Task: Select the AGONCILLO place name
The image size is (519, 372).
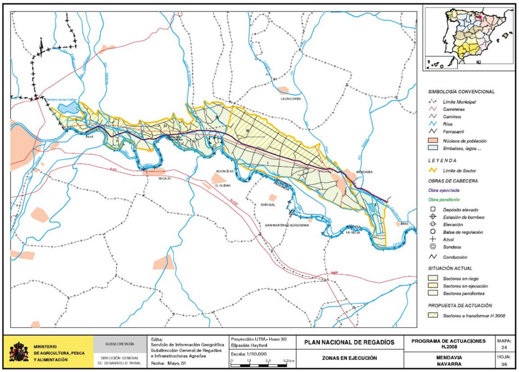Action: click(224, 172)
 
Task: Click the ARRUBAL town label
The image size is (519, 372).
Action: click(267, 204)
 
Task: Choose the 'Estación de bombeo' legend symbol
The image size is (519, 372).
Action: click(432, 217)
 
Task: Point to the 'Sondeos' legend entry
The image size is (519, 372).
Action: click(432, 246)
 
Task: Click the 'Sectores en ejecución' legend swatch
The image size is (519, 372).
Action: click(432, 286)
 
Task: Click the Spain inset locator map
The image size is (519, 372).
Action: click(467, 38)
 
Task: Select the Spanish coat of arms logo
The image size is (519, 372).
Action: click(19, 351)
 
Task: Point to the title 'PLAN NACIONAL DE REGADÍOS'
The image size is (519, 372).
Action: click(349, 343)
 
